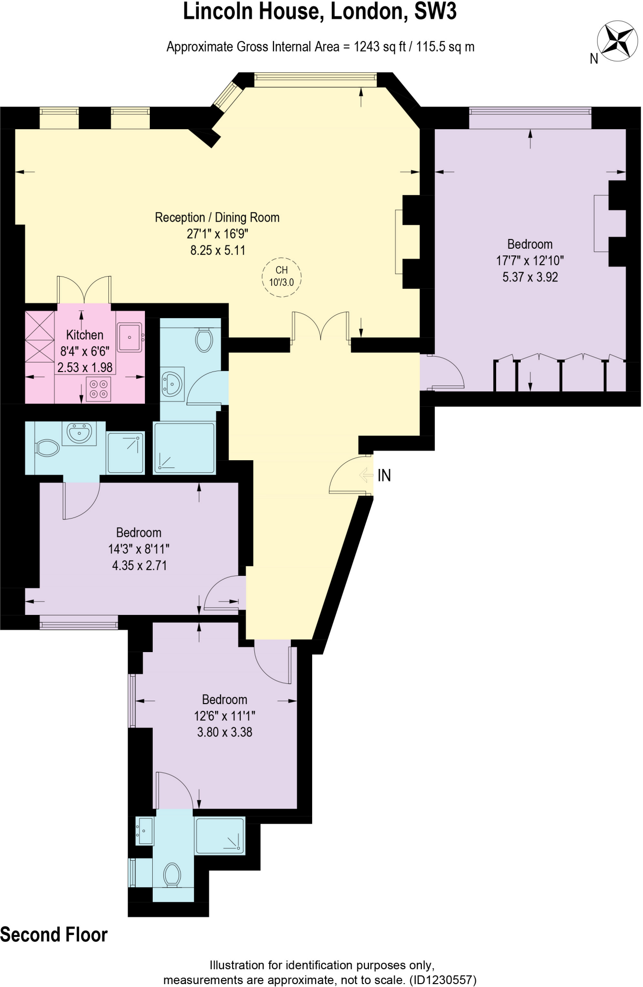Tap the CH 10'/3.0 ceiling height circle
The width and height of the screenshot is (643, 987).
(x=281, y=276)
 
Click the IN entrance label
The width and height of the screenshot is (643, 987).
(x=384, y=476)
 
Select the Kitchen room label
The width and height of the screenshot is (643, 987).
(x=85, y=335)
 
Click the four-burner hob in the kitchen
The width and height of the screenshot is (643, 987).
(x=98, y=389)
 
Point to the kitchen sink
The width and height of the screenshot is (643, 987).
(x=129, y=337)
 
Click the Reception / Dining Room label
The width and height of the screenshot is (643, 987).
(x=217, y=217)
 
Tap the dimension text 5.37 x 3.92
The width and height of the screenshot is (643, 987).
(x=530, y=277)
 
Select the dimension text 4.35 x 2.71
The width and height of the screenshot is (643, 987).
(x=139, y=565)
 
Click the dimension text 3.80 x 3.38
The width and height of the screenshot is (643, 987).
(x=224, y=732)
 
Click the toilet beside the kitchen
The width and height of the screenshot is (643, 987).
(x=204, y=340)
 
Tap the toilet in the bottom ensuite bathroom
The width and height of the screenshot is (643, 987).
(x=172, y=874)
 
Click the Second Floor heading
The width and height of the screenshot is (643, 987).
(x=53, y=935)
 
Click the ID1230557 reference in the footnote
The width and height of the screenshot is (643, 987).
(x=443, y=980)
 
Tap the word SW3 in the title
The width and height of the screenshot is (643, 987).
(x=435, y=12)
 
